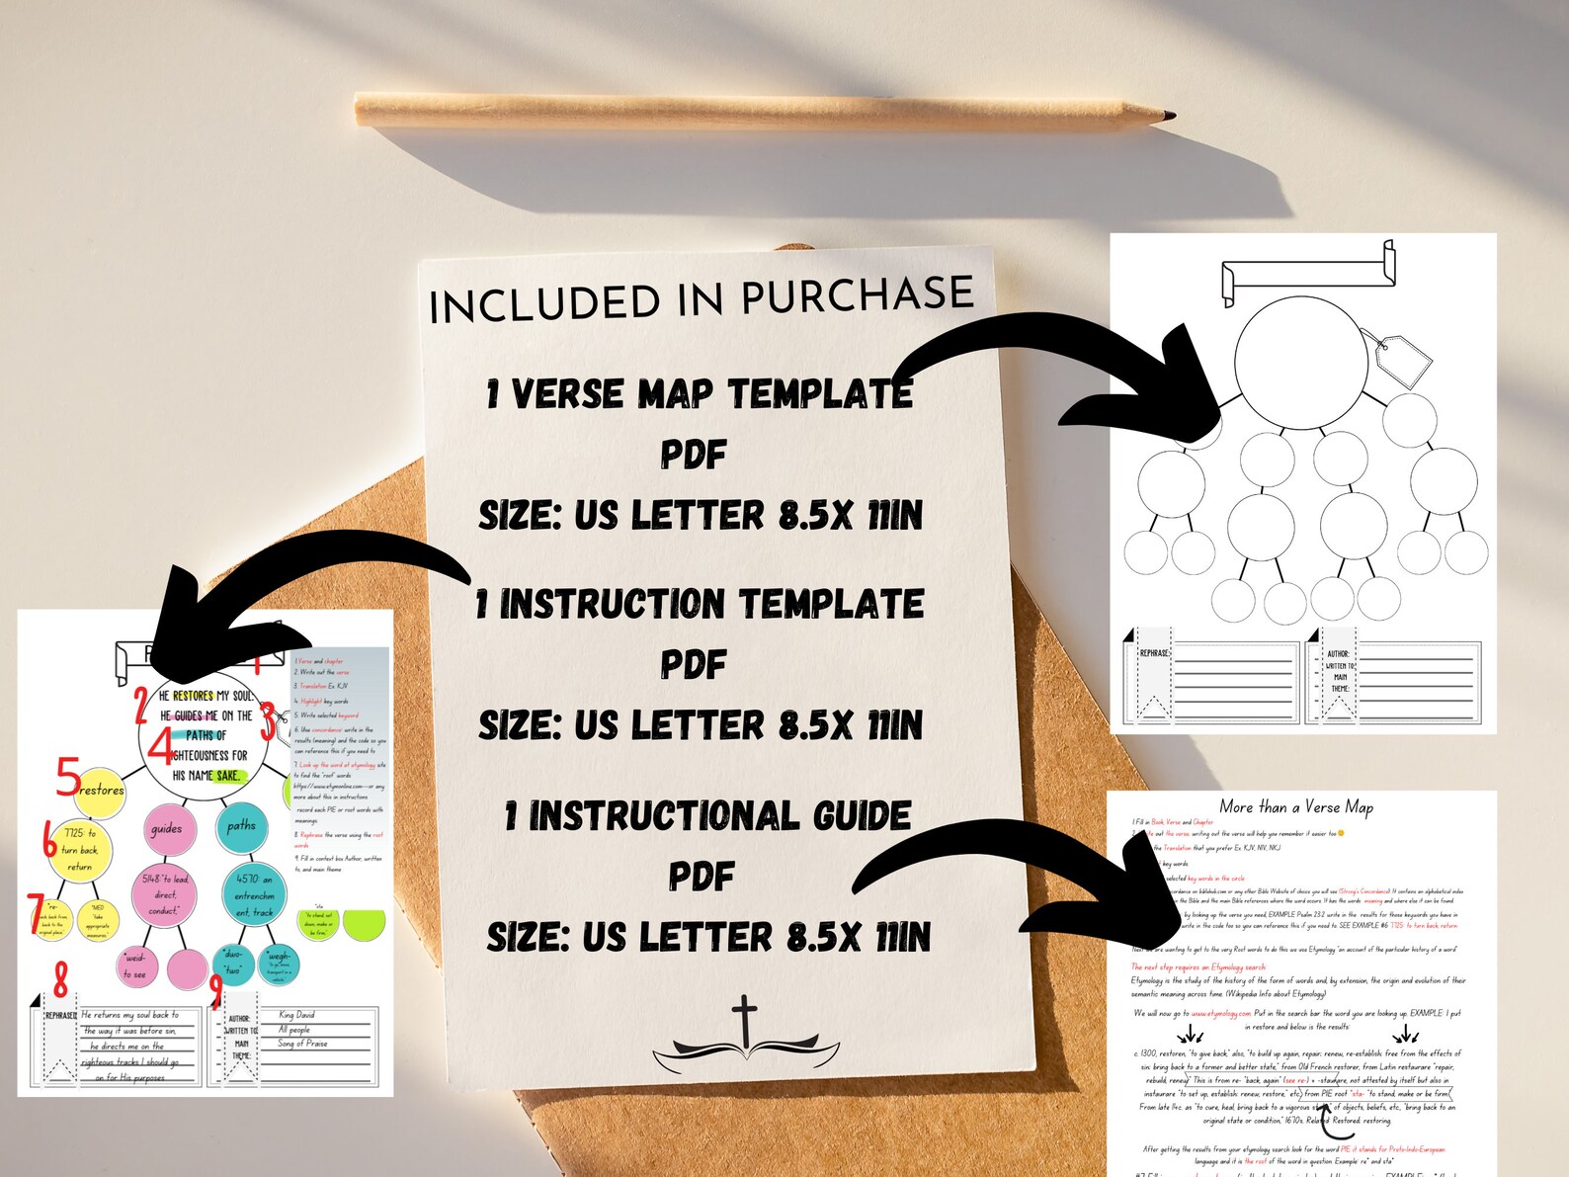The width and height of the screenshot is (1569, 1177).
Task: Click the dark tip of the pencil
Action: pyautogui.click(x=1169, y=117)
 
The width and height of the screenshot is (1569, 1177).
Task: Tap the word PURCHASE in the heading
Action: pyautogui.click(x=857, y=295)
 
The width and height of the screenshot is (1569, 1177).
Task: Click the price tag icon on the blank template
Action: pyautogui.click(x=1396, y=359)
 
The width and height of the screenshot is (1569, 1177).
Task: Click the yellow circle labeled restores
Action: pyautogui.click(x=101, y=791)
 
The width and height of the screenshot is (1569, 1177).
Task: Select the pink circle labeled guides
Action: pyautogui.click(x=166, y=829)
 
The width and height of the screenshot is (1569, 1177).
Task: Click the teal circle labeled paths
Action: pyautogui.click(x=241, y=825)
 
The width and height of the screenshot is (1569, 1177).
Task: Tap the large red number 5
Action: pyautogui.click(x=67, y=777)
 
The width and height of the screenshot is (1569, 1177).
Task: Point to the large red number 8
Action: pyautogui.click(x=61, y=979)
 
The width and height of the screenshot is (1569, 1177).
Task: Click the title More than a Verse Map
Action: pyautogui.click(x=1295, y=806)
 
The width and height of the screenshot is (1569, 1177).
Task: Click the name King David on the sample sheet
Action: pyautogui.click(x=296, y=1015)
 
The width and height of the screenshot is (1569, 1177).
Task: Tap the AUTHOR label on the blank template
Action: pyautogui.click(x=1338, y=654)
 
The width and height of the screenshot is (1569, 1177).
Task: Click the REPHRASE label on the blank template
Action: pyautogui.click(x=1154, y=653)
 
